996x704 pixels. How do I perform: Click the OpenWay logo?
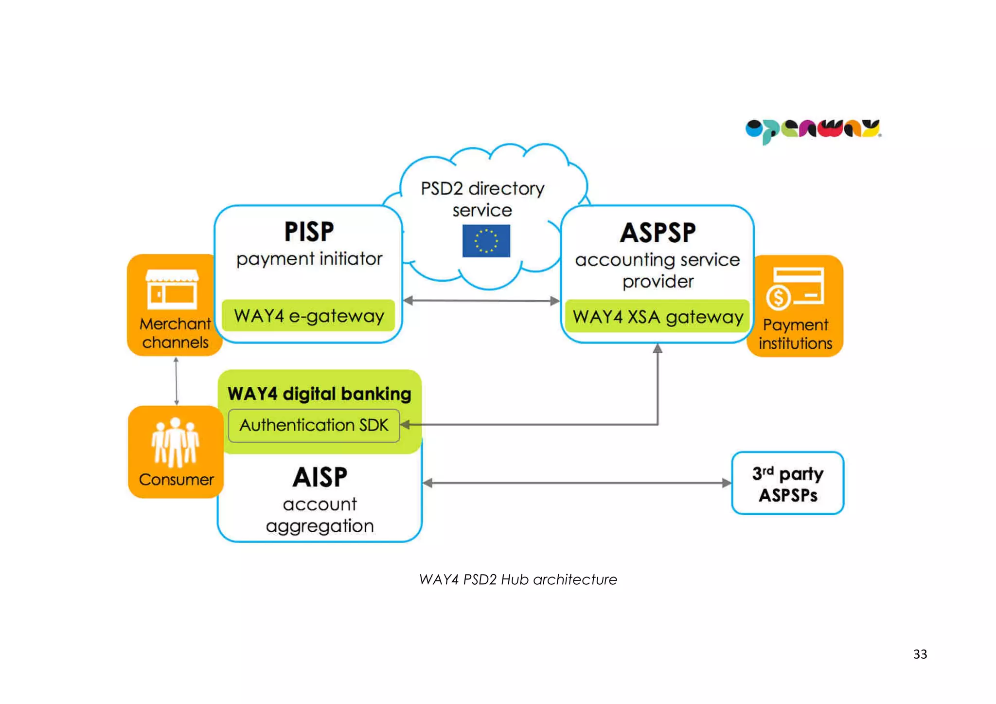pyautogui.click(x=813, y=130)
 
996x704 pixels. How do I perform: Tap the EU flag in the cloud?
pyautogui.click(x=486, y=240)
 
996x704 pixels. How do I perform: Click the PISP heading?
pyautogui.click(x=309, y=232)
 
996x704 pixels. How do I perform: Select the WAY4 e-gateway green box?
pyautogui.click(x=308, y=316)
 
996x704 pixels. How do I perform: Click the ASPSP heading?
pyautogui.click(x=658, y=233)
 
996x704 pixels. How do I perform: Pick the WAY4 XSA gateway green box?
pyautogui.click(x=657, y=317)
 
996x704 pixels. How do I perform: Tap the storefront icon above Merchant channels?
pyautogui.click(x=172, y=289)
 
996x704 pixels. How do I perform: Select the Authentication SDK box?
pyautogui.click(x=314, y=425)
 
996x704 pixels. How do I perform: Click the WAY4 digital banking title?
pyautogui.click(x=319, y=394)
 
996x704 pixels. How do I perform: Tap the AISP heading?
pyautogui.click(x=320, y=477)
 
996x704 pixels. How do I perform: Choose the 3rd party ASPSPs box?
pyautogui.click(x=787, y=483)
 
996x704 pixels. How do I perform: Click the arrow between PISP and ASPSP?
pyautogui.click(x=481, y=301)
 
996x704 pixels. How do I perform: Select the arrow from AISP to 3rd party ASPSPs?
pyautogui.click(x=577, y=483)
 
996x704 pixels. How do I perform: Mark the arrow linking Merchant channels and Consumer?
pyautogui.click(x=176, y=381)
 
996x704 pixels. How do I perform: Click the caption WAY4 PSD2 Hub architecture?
pyautogui.click(x=518, y=579)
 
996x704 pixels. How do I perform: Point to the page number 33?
pyautogui.click(x=920, y=654)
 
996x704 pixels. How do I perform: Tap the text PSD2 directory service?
pyautogui.click(x=482, y=199)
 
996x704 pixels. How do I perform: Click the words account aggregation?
pyautogui.click(x=320, y=515)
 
